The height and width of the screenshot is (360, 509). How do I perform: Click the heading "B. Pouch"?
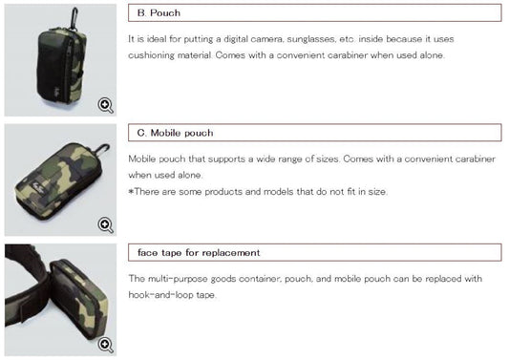159,13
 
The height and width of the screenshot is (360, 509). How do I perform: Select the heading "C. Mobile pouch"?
176,133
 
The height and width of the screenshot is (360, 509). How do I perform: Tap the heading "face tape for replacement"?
199,252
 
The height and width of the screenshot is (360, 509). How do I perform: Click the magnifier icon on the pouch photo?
105,105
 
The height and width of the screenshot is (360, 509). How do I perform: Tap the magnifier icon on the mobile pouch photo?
105,225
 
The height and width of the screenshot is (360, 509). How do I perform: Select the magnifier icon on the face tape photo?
105,345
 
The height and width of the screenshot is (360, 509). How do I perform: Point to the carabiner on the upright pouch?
74,18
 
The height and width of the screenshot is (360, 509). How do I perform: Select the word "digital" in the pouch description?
235,39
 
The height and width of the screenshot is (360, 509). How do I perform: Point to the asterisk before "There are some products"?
131,192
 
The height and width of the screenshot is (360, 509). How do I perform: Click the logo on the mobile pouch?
36,187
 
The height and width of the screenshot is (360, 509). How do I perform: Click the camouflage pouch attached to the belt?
80,299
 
